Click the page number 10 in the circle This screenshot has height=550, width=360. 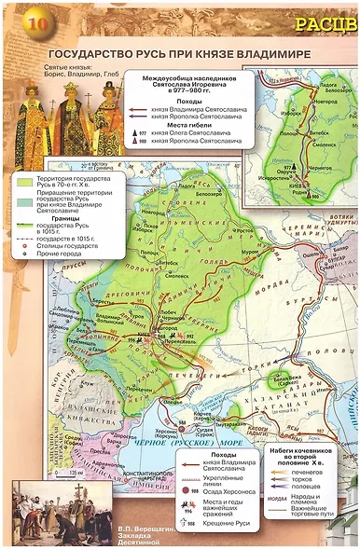[x=20, y=21]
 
